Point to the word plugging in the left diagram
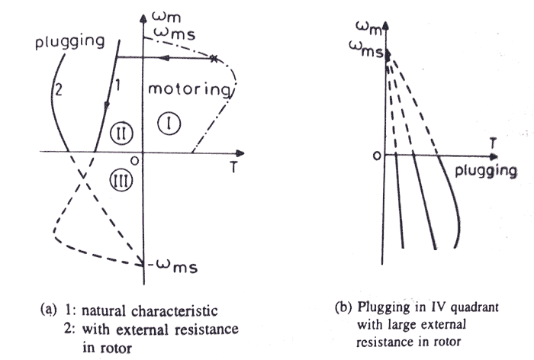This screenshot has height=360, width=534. (69, 41)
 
